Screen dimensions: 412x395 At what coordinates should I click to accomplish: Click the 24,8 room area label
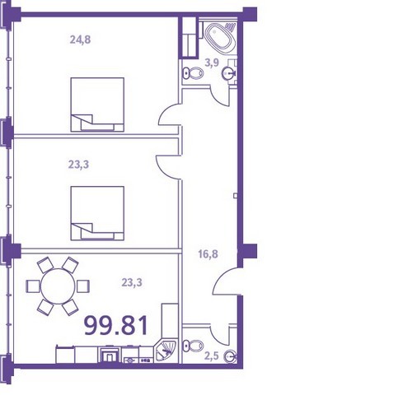(x=80, y=40)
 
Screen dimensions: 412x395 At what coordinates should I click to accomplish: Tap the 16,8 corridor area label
(x=208, y=254)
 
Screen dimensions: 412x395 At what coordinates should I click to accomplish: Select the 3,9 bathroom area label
(x=212, y=63)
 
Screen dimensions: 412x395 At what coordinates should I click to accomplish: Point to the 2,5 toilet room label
(x=212, y=356)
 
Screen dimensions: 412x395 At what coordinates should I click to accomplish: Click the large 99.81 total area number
(x=116, y=326)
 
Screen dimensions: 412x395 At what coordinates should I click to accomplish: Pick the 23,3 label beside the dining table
(x=132, y=282)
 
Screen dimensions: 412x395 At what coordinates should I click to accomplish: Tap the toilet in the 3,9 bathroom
(x=193, y=73)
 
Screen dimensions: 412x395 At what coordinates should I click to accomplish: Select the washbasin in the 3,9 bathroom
(x=229, y=73)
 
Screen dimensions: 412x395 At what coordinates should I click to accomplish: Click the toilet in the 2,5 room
(x=193, y=346)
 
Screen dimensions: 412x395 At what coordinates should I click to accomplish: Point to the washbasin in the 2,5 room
(x=230, y=356)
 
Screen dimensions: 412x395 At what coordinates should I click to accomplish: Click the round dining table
(x=58, y=286)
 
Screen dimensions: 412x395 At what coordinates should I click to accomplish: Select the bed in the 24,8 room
(x=97, y=105)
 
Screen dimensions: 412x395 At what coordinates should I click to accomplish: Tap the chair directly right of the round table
(x=83, y=286)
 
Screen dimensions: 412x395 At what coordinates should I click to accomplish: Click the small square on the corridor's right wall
(x=236, y=196)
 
